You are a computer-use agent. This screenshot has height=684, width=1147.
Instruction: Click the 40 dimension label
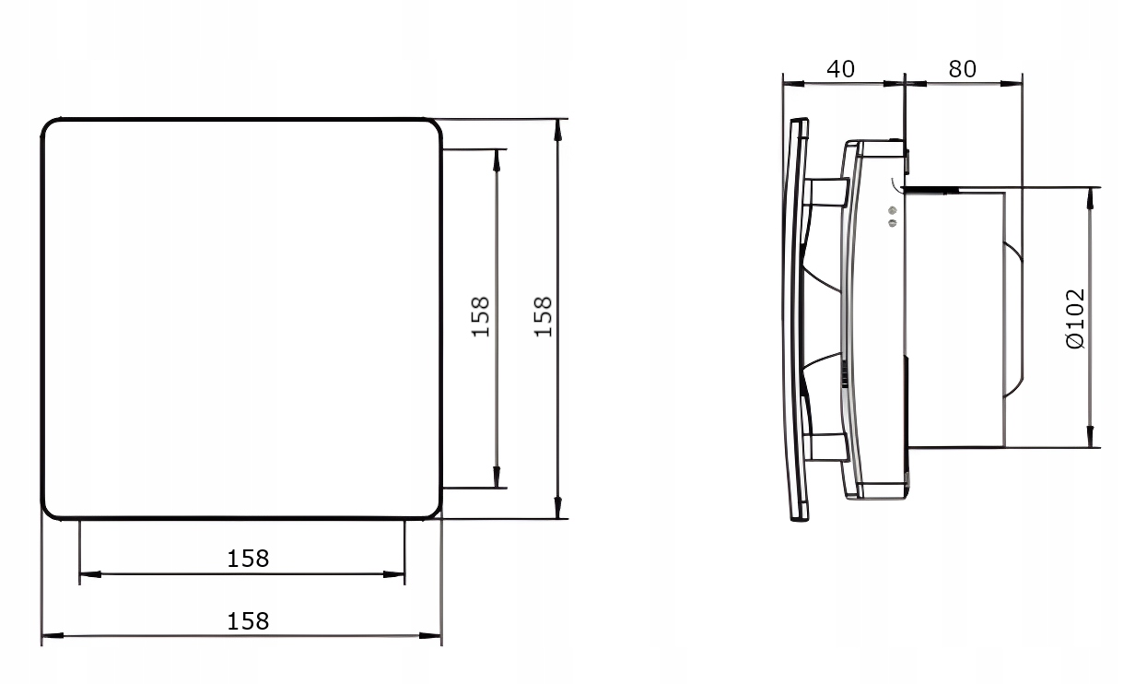[x=840, y=69]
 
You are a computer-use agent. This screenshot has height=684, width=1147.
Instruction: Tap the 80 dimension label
[x=962, y=69]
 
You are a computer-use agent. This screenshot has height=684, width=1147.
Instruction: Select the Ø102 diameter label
[x=1074, y=319]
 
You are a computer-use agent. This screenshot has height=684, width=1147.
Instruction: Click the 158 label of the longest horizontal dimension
[x=248, y=621]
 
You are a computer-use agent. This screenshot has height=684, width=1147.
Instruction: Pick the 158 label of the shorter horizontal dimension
[x=248, y=559]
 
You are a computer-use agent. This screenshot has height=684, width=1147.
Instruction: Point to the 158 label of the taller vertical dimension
[x=543, y=316]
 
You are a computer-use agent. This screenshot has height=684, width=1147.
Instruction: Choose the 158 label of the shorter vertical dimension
[x=480, y=316]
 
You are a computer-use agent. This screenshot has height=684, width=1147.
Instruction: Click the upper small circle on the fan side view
[x=893, y=210]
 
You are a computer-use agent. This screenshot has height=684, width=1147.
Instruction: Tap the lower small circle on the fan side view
[x=893, y=223]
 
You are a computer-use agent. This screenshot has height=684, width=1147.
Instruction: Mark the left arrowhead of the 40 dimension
[x=793, y=84]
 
